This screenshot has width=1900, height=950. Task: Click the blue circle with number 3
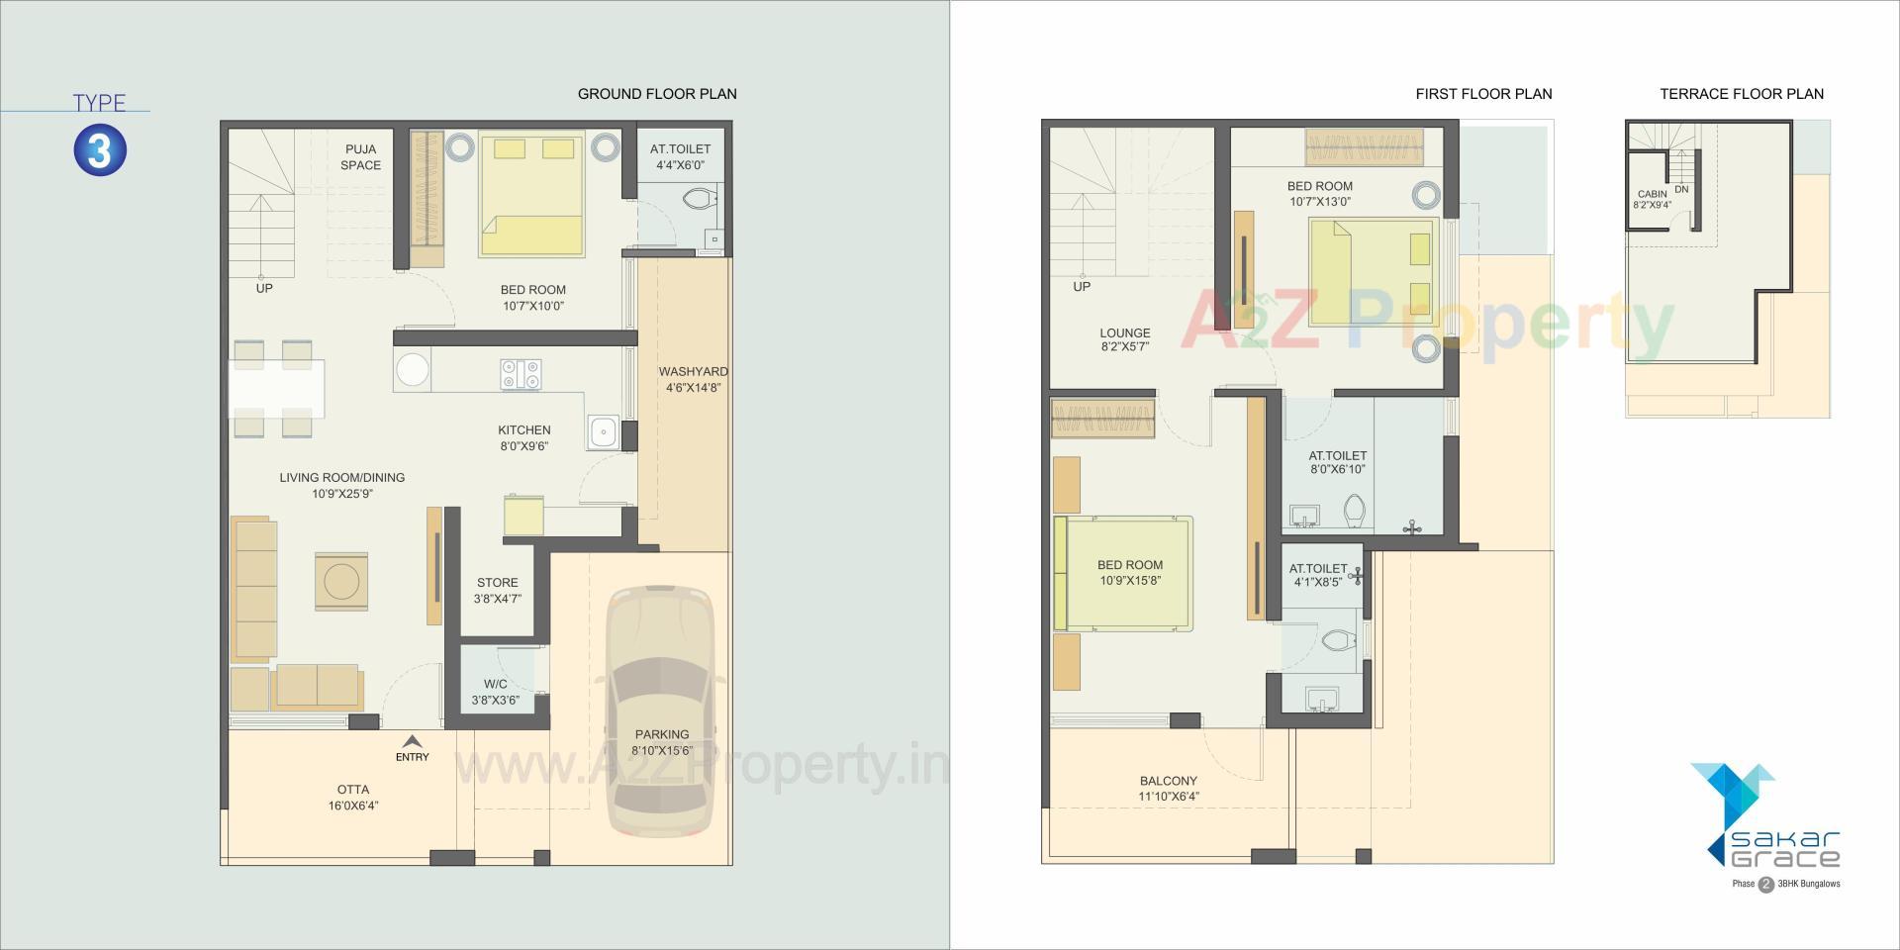100,150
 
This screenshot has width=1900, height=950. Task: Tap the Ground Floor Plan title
657,94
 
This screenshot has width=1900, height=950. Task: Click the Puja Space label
360,157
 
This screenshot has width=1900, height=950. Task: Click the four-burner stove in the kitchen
521,374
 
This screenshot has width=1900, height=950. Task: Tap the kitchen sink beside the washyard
603,431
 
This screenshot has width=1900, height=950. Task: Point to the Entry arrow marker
413,742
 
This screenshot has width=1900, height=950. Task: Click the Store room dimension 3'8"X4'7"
497,599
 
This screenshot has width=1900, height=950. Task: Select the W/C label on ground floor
495,684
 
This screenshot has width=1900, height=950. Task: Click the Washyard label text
694,372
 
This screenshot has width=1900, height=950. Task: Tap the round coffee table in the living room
341,582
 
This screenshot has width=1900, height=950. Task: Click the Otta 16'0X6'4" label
353,798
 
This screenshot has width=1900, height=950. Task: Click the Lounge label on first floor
1125,333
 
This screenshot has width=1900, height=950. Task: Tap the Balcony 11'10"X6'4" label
1168,788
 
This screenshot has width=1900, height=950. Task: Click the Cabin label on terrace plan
1652,194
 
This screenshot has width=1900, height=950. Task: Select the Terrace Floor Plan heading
1742,94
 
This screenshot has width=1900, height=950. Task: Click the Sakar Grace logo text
1786,848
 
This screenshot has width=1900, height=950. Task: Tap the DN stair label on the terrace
1681,189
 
